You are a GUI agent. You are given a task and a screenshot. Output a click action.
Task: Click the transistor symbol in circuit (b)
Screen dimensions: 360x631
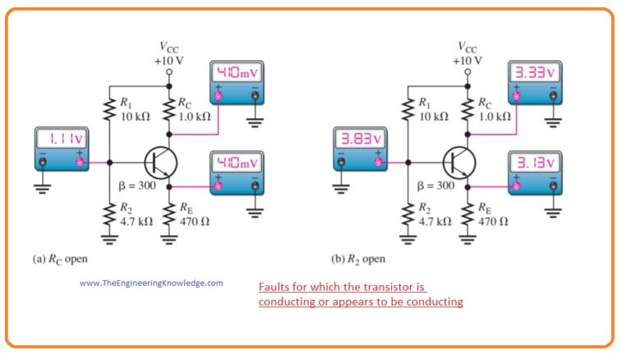click(457, 162)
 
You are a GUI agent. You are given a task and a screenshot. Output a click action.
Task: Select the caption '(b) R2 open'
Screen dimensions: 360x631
click(358, 259)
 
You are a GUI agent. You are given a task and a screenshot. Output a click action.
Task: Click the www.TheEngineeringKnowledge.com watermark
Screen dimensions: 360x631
click(151, 283)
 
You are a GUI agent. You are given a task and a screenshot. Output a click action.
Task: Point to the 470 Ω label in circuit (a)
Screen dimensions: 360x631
click(195, 221)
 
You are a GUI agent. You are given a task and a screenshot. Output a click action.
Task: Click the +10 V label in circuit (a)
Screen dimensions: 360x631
click(169, 60)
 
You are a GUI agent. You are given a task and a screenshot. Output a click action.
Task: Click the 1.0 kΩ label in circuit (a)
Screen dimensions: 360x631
click(196, 117)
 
